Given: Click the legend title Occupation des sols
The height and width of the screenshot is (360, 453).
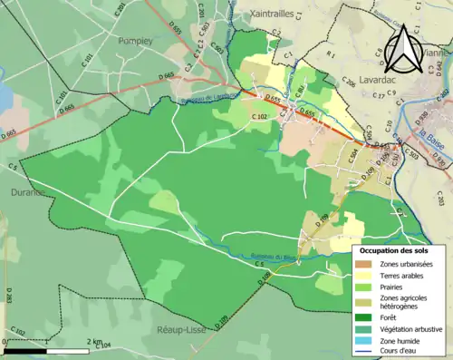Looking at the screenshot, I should [x=395, y=250].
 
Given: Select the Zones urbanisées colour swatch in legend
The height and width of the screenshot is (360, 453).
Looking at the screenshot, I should [x=363, y=264].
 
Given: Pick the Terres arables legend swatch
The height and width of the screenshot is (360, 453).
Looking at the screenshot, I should [x=363, y=276].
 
